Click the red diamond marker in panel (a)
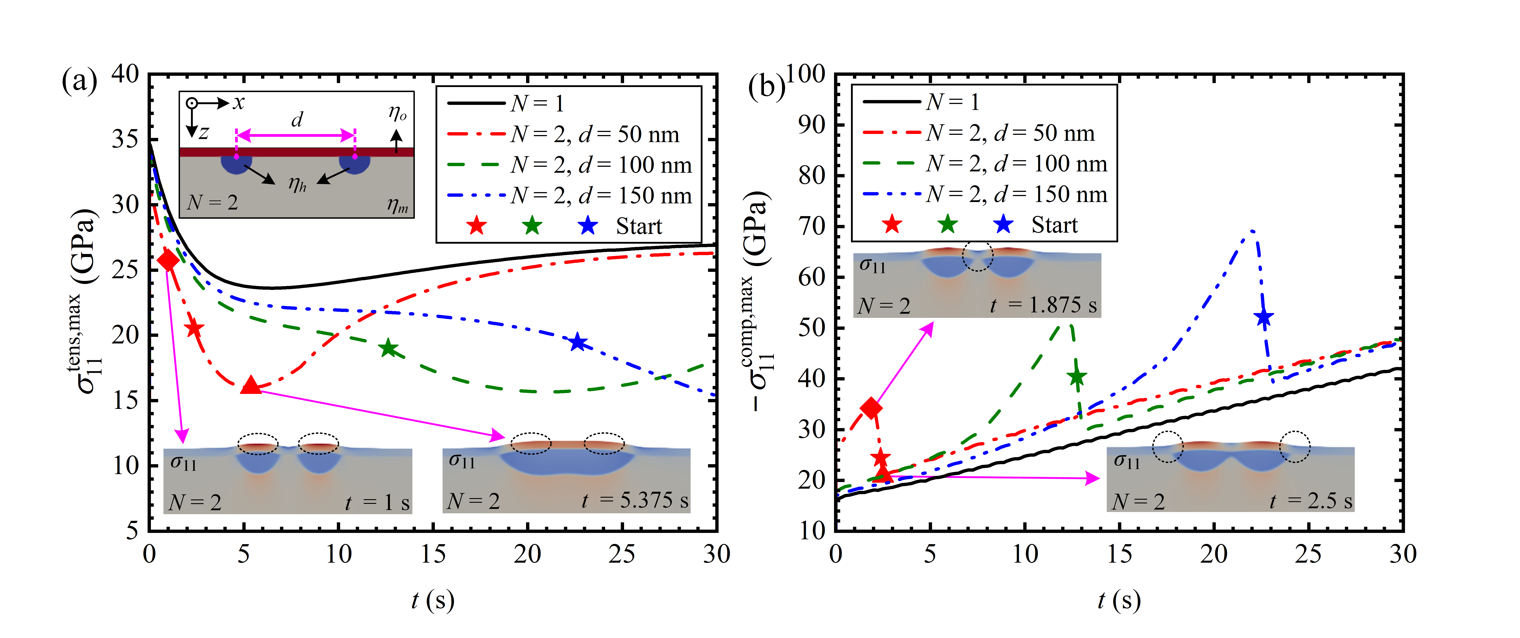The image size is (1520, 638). (x=168, y=260)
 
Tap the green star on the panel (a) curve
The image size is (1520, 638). (x=388, y=348)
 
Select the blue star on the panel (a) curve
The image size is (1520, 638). (x=578, y=342)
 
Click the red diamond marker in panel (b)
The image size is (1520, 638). (x=871, y=408)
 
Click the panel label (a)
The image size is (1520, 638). (x=79, y=81)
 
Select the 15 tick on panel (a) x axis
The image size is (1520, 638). (x=433, y=554)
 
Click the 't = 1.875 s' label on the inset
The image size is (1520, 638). (x=1043, y=305)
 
